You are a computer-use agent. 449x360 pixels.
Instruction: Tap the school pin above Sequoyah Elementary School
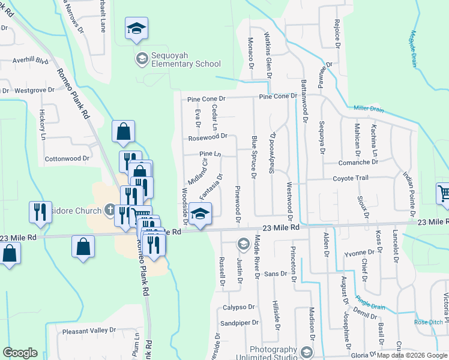137,29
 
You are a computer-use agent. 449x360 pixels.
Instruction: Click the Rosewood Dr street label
208,137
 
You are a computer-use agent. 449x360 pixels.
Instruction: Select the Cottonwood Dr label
67,159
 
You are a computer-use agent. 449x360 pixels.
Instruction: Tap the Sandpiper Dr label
239,322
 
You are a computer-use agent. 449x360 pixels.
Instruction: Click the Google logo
20,353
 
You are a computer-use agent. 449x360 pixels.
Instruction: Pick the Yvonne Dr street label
359,253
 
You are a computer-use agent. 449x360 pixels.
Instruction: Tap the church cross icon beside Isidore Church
109,210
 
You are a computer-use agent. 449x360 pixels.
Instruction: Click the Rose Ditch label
429,322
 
